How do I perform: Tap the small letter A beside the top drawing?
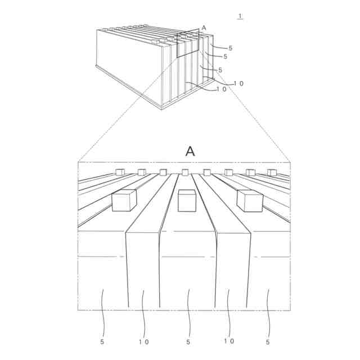click(x=204, y=28)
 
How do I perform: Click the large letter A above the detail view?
click(x=190, y=151)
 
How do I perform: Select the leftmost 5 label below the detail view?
click(x=102, y=341)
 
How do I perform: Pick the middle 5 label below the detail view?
click(x=188, y=341)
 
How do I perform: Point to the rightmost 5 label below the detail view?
click(x=268, y=341)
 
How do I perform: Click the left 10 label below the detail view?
click(x=143, y=341)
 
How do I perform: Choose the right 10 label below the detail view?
click(x=228, y=341)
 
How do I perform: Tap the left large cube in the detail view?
click(x=124, y=200)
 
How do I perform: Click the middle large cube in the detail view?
click(x=187, y=201)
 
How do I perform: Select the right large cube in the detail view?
click(x=250, y=201)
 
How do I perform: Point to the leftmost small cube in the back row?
click(x=120, y=172)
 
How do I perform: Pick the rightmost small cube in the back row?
click(x=272, y=172)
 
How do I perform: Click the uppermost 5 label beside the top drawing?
click(x=230, y=48)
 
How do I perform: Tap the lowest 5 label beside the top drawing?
click(x=220, y=70)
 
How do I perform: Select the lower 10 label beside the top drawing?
click(x=221, y=89)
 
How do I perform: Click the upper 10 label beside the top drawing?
click(x=238, y=84)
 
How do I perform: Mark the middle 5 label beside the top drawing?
click(x=225, y=57)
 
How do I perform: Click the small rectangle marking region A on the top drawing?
click(x=187, y=44)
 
